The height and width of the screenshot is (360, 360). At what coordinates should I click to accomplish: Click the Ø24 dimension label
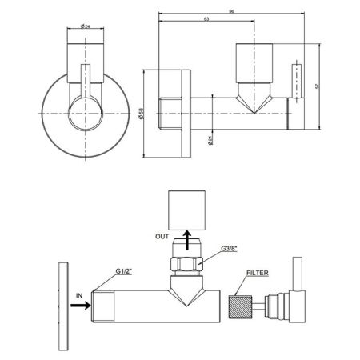coord(85,26)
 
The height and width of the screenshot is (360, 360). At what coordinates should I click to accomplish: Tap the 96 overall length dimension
coord(231,11)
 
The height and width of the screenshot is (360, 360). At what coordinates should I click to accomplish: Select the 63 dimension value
coord(206,19)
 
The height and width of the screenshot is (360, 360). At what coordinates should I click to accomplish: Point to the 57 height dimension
coord(317,86)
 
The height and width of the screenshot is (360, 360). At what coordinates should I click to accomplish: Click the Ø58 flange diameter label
coord(142,114)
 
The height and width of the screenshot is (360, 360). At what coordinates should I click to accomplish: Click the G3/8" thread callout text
coord(229,249)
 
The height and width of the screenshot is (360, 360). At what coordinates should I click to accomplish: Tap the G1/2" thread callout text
coord(124,271)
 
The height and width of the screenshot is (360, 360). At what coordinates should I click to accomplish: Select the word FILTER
coord(258,273)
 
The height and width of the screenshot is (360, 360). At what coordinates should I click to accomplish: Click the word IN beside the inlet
coord(79,295)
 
